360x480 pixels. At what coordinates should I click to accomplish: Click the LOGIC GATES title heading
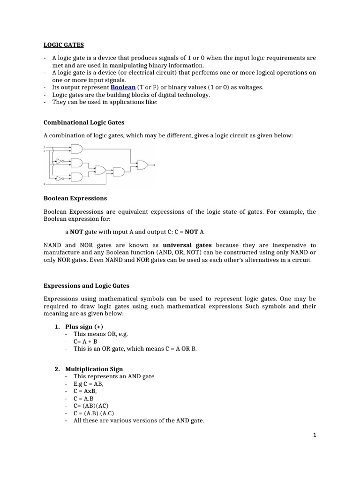tap(64, 45)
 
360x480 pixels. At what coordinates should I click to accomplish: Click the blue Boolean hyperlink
tap(123, 87)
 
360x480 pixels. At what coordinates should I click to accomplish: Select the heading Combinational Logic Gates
tap(84, 122)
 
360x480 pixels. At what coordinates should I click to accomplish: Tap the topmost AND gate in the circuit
tap(77, 149)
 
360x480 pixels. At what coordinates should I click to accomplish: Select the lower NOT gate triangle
tap(59, 179)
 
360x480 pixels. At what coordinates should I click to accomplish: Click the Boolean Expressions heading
tap(75, 198)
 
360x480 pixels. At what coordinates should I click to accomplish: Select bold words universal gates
tap(187, 245)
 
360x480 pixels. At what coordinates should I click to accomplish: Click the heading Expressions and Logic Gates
tap(86, 285)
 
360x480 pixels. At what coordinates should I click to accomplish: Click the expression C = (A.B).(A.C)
tap(94, 413)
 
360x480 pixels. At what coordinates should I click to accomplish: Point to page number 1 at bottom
tap(315, 435)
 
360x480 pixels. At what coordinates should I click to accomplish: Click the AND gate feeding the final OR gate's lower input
tap(119, 172)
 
